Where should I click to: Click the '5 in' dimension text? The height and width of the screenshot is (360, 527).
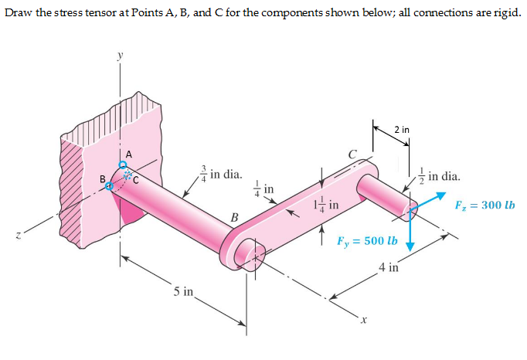pyautogui.click(x=184, y=291)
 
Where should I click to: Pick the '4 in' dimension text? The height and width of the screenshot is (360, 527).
pyautogui.click(x=389, y=268)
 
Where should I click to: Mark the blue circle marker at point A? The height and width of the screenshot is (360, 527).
pyautogui.click(x=122, y=165)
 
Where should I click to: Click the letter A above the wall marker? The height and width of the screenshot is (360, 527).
pyautogui.click(x=128, y=154)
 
